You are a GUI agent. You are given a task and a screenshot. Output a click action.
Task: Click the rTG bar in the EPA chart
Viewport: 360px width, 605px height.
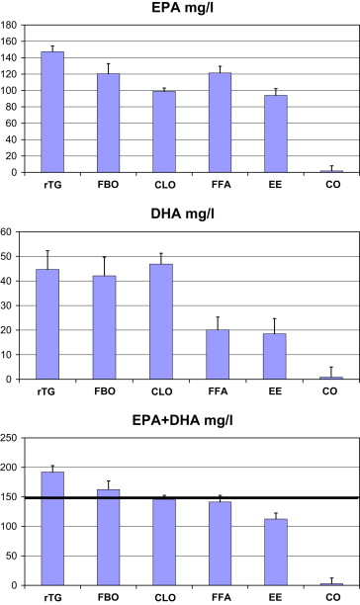click(x=52, y=112)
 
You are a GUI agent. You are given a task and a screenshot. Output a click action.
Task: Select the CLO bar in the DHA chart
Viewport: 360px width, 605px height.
click(x=161, y=321)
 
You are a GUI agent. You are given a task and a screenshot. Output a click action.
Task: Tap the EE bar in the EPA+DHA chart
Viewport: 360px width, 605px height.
click(x=276, y=553)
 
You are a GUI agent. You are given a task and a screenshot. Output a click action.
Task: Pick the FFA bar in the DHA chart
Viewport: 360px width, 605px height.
click(x=218, y=354)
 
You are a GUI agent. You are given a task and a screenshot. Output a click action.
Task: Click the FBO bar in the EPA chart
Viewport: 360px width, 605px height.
click(x=109, y=124)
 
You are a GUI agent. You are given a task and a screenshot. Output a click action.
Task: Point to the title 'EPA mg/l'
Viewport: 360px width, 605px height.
click(x=183, y=7)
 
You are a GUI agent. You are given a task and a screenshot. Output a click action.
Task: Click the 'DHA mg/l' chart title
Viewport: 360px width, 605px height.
click(x=183, y=214)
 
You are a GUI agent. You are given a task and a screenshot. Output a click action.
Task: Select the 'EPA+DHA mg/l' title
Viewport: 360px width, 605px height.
click(x=183, y=420)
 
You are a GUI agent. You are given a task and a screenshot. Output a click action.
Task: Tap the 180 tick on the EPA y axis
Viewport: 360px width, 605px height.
click(x=9, y=25)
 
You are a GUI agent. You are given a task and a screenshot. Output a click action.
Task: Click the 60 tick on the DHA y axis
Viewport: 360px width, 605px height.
click(x=7, y=232)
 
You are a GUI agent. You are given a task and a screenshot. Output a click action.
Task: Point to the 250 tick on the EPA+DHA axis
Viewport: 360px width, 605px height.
click(x=9, y=438)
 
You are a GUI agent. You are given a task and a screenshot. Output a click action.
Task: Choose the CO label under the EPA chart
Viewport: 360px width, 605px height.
click(x=332, y=185)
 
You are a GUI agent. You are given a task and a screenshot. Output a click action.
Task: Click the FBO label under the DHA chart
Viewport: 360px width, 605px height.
click(x=105, y=391)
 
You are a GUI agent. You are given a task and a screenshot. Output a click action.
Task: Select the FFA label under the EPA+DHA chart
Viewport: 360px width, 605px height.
click(x=222, y=598)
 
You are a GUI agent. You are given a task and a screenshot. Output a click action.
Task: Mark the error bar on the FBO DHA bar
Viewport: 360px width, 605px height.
click(x=104, y=266)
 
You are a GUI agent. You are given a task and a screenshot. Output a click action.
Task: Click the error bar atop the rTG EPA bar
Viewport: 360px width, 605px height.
click(x=52, y=48)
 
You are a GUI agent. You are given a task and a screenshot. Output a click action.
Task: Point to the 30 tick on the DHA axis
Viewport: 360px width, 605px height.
click(x=7, y=306)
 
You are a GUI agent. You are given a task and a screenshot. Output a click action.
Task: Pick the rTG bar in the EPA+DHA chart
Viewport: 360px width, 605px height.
click(x=52, y=529)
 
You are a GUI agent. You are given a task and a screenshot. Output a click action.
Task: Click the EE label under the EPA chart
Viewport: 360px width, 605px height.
click(x=275, y=185)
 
